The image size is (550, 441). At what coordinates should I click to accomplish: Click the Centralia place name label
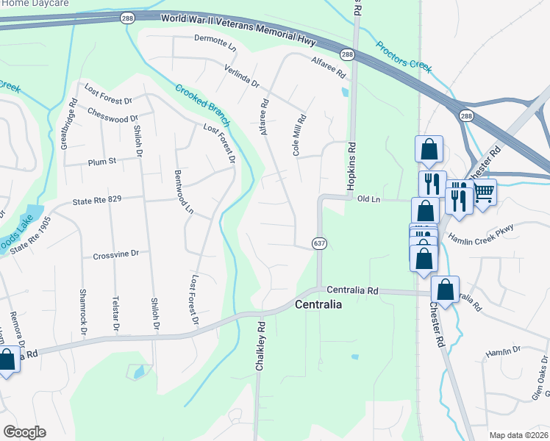[318, 304]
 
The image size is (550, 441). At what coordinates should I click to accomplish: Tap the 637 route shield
[318, 243]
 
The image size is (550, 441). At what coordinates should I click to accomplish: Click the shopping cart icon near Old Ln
[483, 193]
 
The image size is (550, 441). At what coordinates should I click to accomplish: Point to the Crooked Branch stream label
[202, 104]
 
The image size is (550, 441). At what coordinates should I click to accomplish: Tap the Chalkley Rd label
[260, 345]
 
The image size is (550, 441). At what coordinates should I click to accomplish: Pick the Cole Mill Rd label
[299, 133]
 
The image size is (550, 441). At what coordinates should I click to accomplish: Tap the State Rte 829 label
[95, 199]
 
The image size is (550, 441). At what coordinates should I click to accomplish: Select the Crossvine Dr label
[115, 254]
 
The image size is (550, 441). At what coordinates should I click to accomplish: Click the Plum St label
[102, 161]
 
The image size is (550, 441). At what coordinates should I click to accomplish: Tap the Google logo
[24, 432]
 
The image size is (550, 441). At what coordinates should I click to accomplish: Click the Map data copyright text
[518, 435]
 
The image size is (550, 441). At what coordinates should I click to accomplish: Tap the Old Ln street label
[368, 198]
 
